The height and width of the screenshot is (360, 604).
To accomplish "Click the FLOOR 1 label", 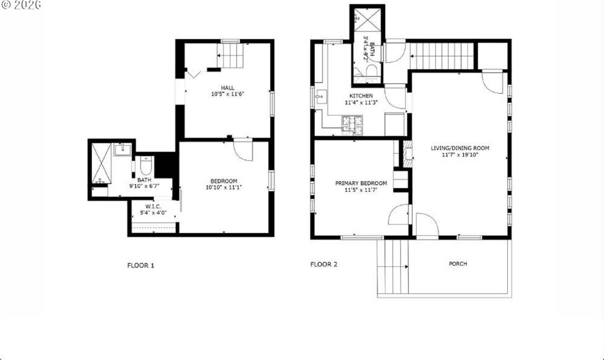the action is [140, 265].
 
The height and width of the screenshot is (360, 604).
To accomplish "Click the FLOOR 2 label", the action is [324, 264].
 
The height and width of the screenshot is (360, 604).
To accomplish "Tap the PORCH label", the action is [458, 264].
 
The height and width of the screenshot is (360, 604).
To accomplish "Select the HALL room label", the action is [228, 87].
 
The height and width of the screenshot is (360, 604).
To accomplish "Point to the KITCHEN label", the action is [361, 96].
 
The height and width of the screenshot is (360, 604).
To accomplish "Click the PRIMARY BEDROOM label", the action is [361, 183].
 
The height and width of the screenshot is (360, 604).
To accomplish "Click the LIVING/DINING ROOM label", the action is [460, 148].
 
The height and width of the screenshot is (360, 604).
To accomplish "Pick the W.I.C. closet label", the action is [153, 207].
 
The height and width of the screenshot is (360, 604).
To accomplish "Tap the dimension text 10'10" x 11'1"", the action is [224, 188].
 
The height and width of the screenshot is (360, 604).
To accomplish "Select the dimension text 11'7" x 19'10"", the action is [460, 155].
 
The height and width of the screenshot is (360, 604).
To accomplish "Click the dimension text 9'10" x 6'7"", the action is [145, 186].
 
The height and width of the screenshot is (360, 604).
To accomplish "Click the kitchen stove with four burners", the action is [352, 125].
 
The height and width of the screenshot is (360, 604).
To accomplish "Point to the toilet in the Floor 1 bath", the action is [146, 165].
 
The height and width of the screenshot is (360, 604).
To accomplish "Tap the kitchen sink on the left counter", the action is [321, 97].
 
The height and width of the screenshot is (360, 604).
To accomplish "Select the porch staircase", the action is [393, 267].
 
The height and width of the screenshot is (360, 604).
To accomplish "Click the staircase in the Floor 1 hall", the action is [231, 55].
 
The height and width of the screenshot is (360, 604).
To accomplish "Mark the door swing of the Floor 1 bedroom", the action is [243, 150].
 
